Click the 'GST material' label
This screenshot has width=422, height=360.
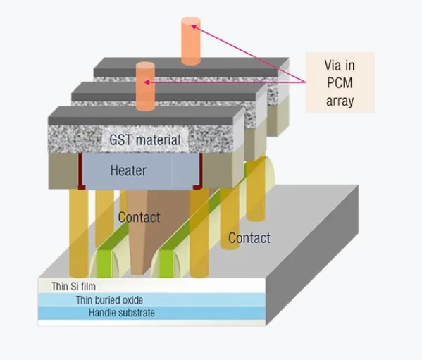tap(144, 139)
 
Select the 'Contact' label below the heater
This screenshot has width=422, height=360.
tap(139, 217)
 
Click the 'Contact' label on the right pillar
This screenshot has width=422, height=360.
tap(249, 238)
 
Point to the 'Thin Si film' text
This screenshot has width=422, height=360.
tap(73, 287)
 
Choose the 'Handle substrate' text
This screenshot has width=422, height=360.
tap(122, 312)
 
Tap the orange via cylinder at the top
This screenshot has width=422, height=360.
tap(190, 41)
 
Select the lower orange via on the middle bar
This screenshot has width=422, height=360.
tap(145, 87)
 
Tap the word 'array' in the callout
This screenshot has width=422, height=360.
tap(339, 101)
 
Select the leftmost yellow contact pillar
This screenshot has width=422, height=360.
tap(78, 232)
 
